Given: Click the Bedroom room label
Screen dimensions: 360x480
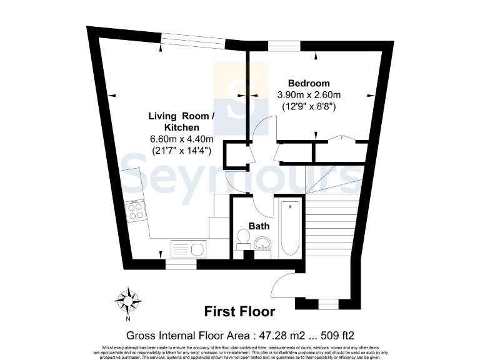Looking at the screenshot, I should click(x=308, y=83).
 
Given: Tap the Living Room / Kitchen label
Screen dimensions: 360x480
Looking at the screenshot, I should click(x=181, y=121).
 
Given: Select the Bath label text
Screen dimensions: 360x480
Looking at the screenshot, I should click(x=259, y=226).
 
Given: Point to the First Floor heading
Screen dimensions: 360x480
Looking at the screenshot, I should click(x=239, y=311).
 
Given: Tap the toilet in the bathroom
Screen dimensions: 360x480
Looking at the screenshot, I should click(x=243, y=239).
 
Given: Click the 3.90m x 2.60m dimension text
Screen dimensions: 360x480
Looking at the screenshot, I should click(x=308, y=95).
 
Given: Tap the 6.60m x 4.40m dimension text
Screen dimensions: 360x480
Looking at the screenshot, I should click(x=181, y=139).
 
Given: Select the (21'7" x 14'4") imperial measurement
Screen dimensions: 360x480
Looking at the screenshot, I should click(x=181, y=151).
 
